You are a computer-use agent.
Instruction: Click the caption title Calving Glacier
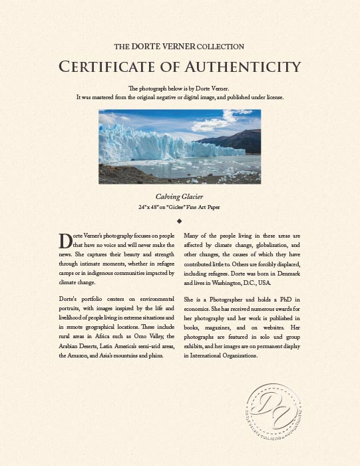point(180,197)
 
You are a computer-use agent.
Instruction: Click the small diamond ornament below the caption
point(180,220)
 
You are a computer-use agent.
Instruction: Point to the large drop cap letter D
point(65,241)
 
